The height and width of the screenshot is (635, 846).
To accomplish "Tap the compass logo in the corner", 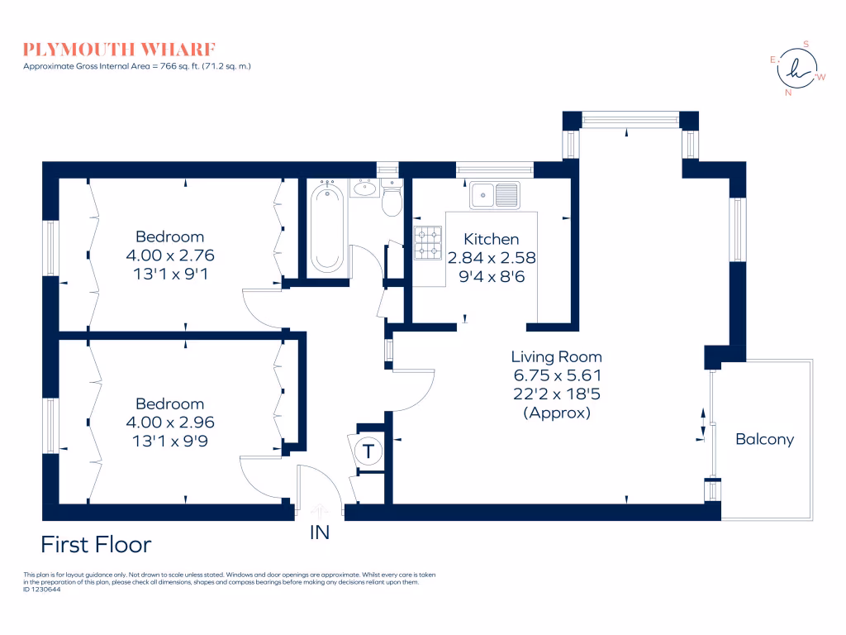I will [x=797, y=69].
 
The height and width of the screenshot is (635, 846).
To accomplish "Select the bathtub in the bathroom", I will [x=327, y=228].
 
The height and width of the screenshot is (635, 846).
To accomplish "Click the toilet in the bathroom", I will [x=392, y=199].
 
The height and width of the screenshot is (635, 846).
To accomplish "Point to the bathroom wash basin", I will [x=364, y=189].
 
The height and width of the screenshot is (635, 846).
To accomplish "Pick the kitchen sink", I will [x=495, y=195].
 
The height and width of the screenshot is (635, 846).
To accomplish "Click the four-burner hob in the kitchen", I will [x=429, y=240].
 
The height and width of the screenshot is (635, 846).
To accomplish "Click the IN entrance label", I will [x=319, y=533].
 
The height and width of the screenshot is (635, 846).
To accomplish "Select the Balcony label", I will [x=764, y=439].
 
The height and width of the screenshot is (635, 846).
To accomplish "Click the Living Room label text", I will [x=556, y=357].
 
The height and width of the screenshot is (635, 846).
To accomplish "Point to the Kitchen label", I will [x=491, y=239].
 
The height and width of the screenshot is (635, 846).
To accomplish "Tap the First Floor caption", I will [x=96, y=545].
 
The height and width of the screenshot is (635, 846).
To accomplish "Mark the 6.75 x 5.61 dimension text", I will [x=556, y=376].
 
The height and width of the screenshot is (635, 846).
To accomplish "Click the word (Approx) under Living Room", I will [x=556, y=413].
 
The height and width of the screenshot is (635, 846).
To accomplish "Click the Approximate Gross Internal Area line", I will [x=136, y=65].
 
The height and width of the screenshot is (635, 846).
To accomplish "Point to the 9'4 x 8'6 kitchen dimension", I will [x=491, y=276].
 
